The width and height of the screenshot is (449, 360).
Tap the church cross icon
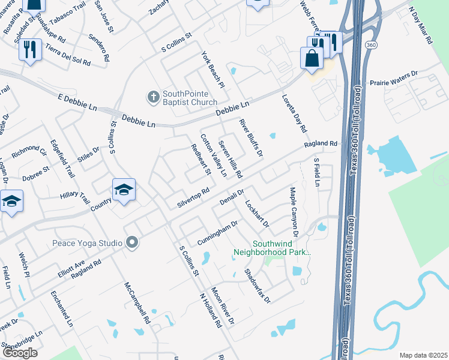(153, 96)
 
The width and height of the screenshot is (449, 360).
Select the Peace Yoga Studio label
(87, 243)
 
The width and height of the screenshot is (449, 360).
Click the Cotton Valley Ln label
(213, 155)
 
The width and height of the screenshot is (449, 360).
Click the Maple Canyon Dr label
(294, 206)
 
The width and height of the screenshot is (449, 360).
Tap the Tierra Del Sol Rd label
(67, 54)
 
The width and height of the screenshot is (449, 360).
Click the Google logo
(20, 353)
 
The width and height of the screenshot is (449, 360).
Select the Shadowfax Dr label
(258, 284)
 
